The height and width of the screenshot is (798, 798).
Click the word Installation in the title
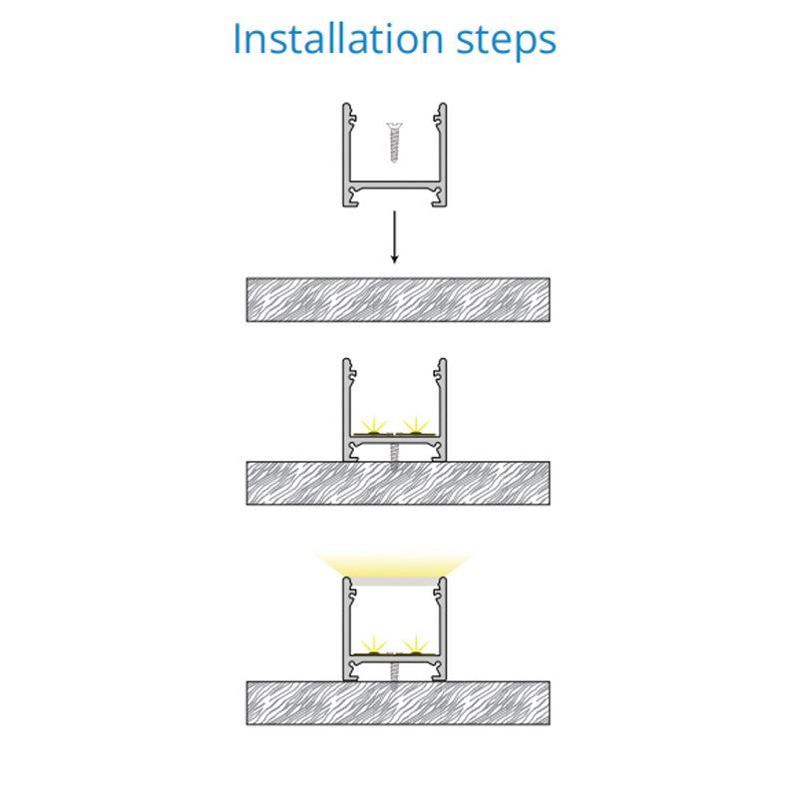point(338,39)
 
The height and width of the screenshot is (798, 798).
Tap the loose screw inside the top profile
point(394,142)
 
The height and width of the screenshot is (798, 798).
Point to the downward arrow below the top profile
point(394,237)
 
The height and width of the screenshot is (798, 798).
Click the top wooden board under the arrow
point(398,300)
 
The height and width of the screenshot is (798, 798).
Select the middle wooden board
point(398,483)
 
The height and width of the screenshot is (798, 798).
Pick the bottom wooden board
point(398,703)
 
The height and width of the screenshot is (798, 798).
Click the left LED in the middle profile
point(374,427)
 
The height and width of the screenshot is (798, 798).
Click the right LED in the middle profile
point(416,427)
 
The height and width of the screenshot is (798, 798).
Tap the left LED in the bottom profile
point(374,646)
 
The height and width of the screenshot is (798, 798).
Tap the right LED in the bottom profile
point(416,646)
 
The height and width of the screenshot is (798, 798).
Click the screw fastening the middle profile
point(394,457)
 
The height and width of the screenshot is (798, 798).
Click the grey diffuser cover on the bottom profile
point(394,582)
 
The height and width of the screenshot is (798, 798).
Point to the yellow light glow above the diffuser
point(394,564)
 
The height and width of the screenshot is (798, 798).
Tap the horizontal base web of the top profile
point(394,185)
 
